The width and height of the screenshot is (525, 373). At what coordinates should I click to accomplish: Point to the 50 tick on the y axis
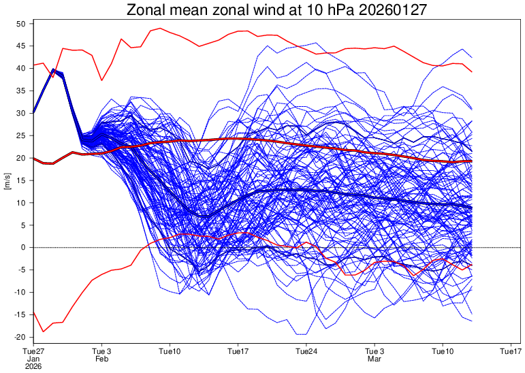point(20,24)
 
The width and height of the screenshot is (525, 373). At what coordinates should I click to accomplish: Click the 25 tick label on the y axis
point(20,135)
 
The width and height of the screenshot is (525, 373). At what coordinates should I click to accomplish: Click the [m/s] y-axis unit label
point(7,180)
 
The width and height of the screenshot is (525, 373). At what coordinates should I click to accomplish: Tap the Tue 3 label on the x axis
point(101,351)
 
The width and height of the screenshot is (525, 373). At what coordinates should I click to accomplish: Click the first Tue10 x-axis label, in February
point(170,351)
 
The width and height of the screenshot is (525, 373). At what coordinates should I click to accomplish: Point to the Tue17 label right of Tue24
point(511,351)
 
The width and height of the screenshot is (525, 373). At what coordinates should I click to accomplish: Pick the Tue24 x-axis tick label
point(306,351)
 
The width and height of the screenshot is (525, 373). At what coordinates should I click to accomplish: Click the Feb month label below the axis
point(101,359)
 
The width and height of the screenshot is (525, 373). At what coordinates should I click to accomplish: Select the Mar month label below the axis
point(375,359)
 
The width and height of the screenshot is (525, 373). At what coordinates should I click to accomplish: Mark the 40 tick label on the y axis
point(20,69)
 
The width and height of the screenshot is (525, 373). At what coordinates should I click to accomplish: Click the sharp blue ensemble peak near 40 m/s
point(53,69)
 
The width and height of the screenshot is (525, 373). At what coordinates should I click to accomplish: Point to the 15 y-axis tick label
point(20,180)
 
